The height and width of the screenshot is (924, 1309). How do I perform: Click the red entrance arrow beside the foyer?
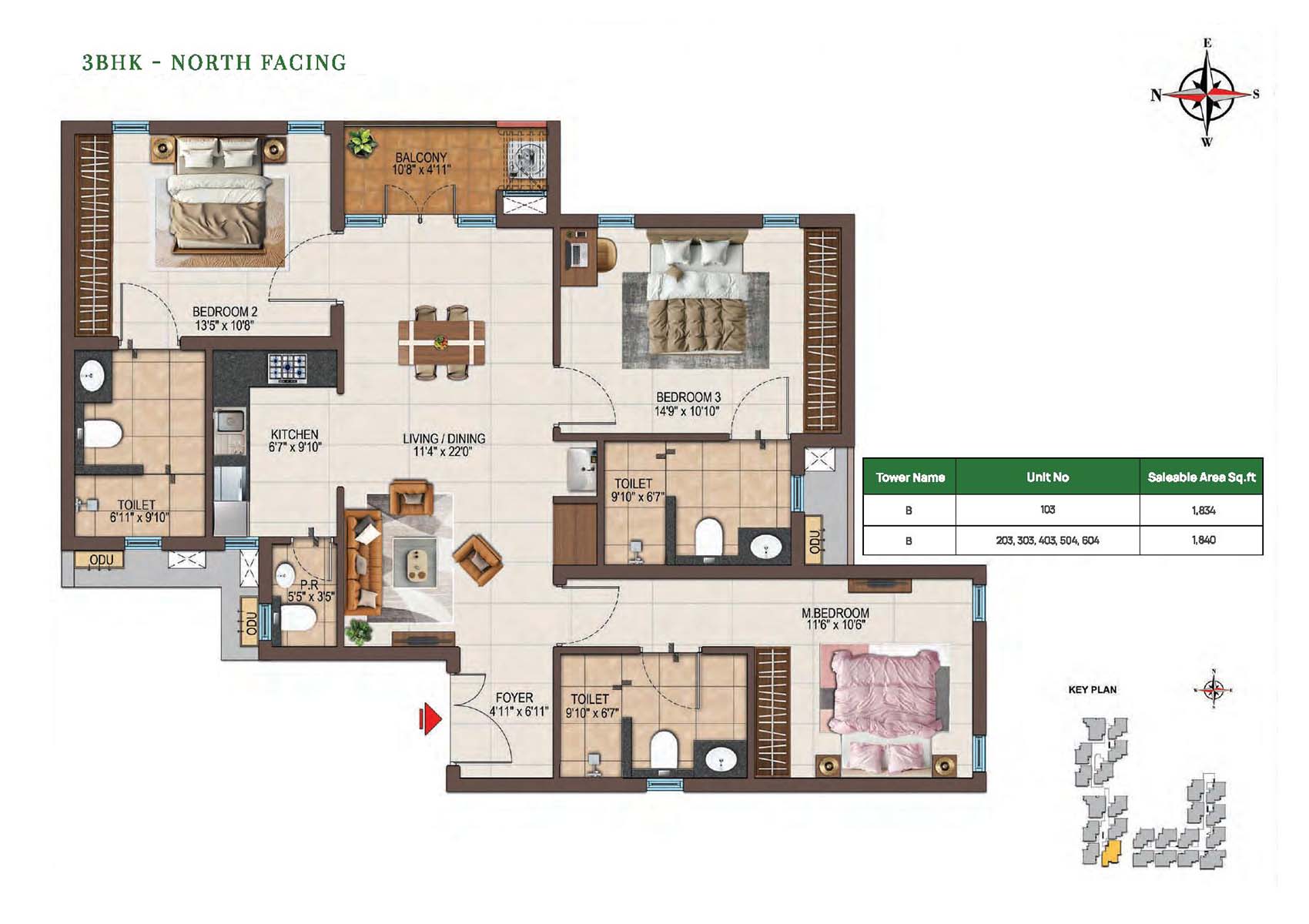coord(430,719)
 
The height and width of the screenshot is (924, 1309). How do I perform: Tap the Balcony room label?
coord(420,164)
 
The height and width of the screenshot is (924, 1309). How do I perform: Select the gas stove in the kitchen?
coord(287,369)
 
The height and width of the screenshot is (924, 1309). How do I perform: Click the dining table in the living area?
coord(441,342)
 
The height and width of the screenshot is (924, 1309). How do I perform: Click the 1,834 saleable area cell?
coord(1204,511)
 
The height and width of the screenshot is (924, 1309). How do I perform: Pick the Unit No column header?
coord(1047,477)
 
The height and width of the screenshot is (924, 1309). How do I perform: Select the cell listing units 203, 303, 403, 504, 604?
coord(1047,541)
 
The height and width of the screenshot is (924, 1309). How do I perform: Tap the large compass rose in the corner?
coord(1206,93)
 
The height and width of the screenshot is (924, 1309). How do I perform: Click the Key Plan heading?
coord(1092,690)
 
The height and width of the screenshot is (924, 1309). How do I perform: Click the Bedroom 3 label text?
coord(688,397)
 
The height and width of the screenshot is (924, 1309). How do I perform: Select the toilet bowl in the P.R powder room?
coord(298,618)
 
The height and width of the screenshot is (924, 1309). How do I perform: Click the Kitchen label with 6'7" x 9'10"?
coord(294,440)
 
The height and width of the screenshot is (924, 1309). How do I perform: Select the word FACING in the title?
coord(303,62)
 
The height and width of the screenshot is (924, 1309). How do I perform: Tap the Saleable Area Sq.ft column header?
coord(1201,477)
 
